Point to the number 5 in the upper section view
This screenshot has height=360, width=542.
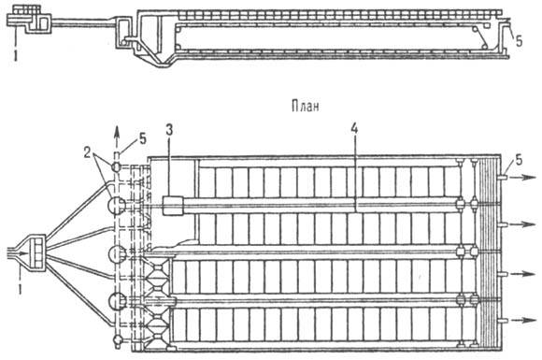[521, 38]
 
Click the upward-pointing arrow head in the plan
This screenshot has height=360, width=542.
[116, 136]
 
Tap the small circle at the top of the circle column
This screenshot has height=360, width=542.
[116, 166]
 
